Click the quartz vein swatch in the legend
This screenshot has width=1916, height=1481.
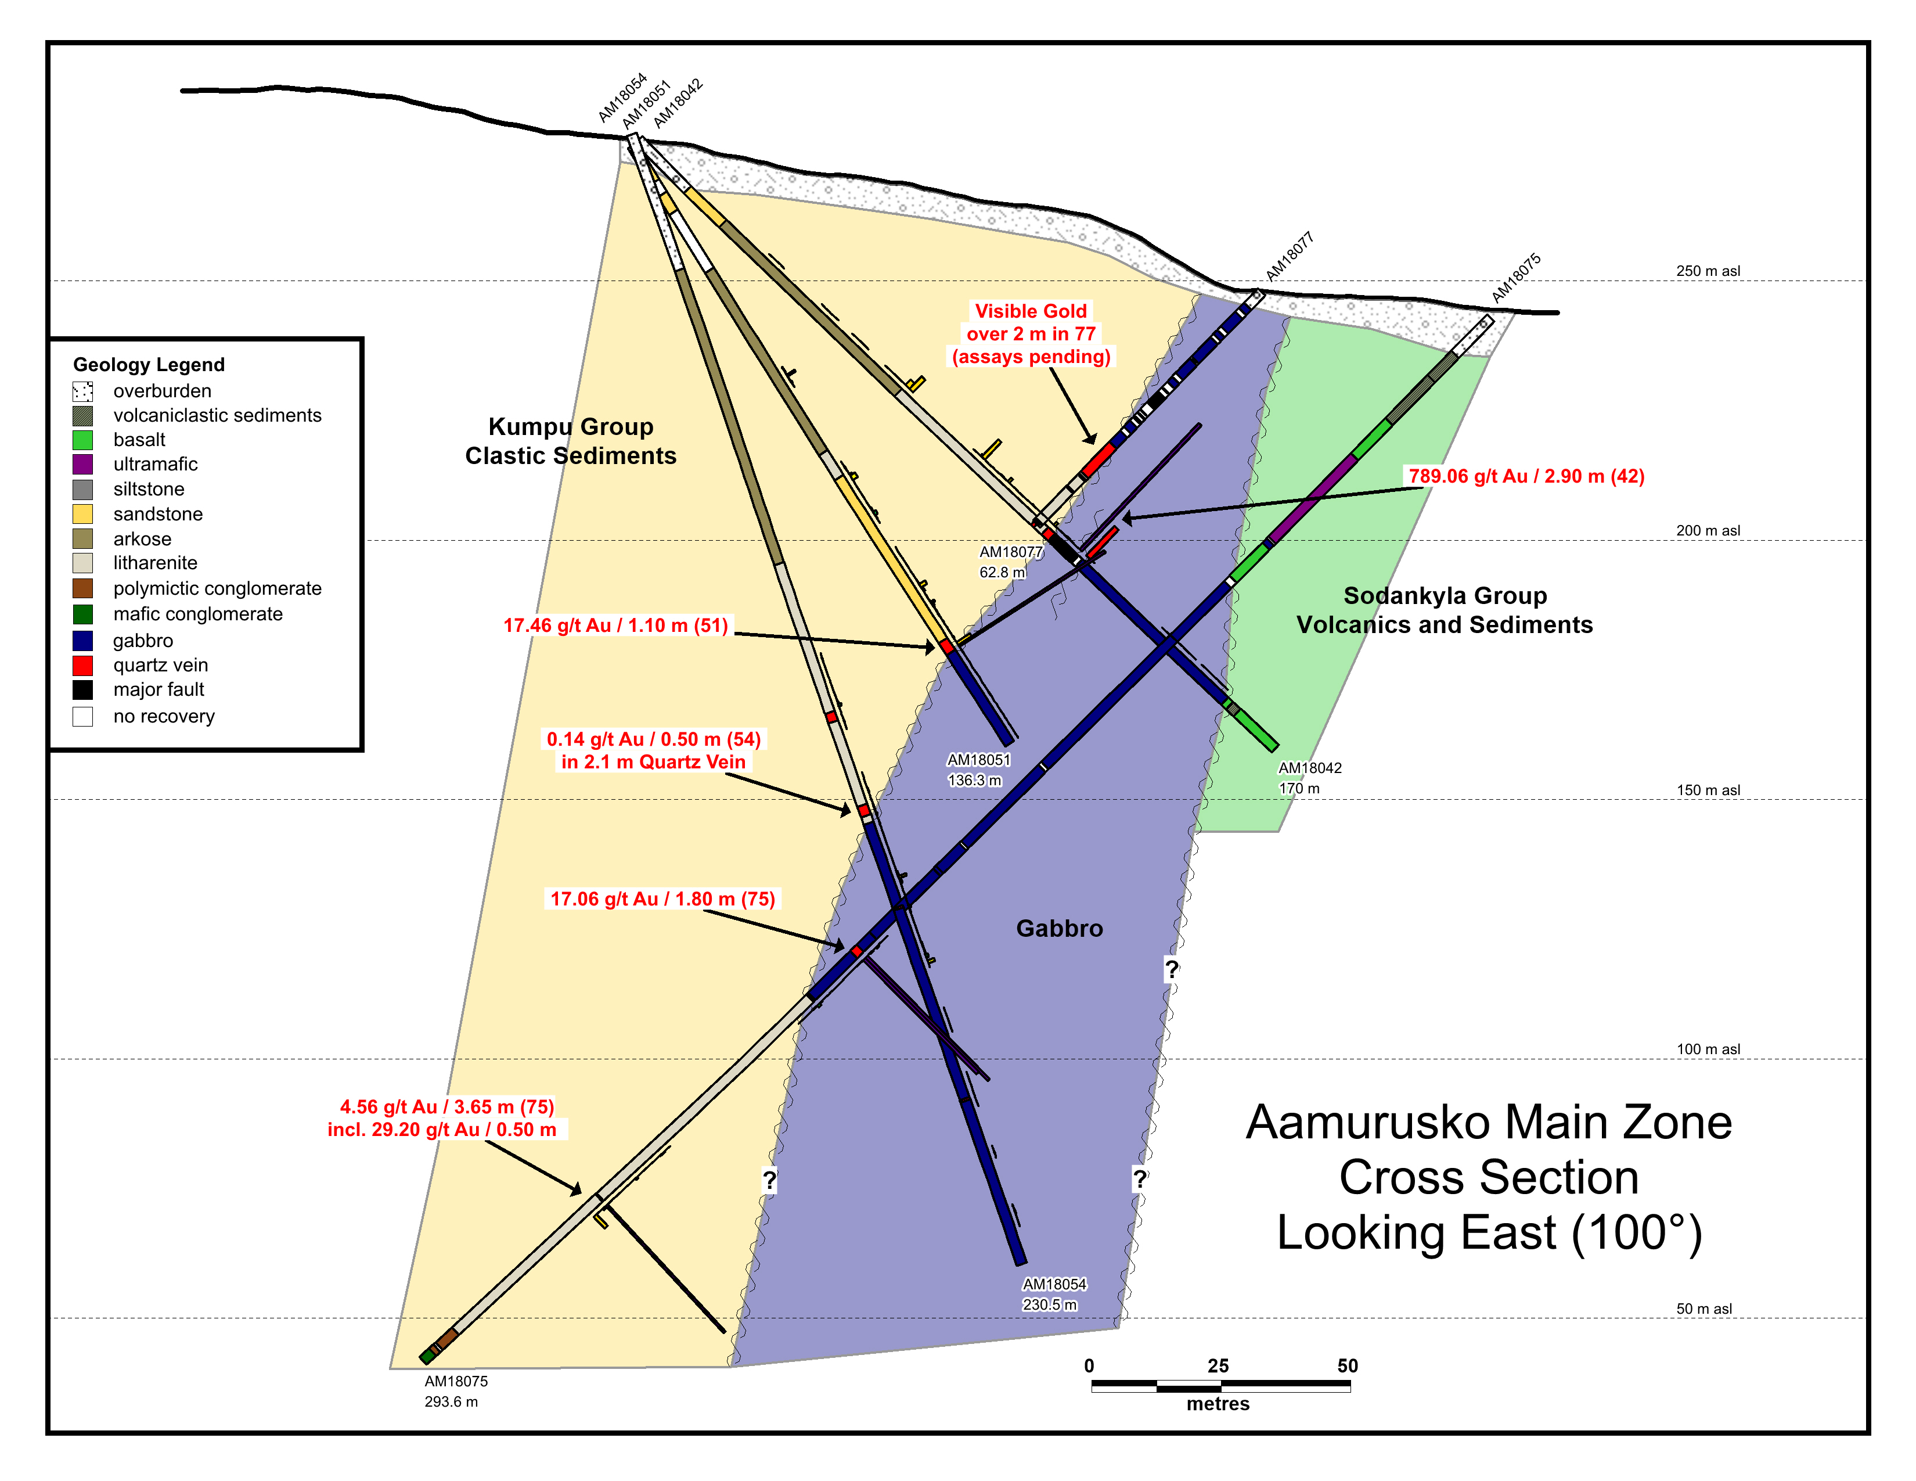pos(82,665)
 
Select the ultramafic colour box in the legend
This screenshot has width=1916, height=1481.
pos(82,464)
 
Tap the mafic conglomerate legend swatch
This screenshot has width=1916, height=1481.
pos(82,614)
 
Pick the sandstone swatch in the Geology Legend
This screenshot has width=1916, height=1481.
pos(82,514)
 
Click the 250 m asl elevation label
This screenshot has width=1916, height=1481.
pos(1707,271)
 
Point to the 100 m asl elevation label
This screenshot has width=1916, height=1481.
pos(1707,1049)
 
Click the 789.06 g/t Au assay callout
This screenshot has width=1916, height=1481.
pos(1526,476)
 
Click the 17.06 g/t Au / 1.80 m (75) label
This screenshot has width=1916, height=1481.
pos(662,899)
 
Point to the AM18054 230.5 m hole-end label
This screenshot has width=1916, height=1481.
pos(1054,1294)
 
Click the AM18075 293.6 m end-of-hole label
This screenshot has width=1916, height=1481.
pos(455,1392)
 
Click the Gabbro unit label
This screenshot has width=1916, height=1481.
pos(1059,928)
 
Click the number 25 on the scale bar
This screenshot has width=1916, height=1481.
pos(1218,1366)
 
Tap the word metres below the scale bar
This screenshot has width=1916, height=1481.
pos(1218,1404)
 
